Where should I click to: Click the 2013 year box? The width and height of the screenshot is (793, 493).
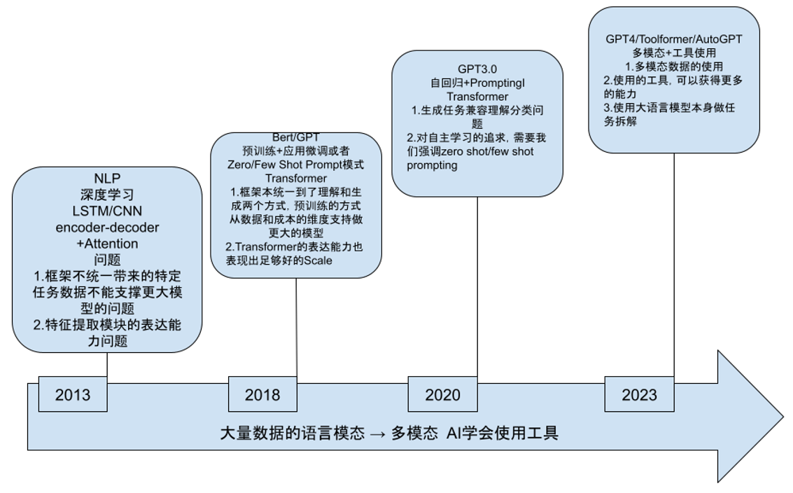coord(73,395)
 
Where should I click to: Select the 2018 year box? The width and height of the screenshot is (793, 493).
coord(262,395)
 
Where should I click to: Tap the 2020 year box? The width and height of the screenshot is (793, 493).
coord(442,395)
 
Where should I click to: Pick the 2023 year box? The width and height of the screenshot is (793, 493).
coord(639,395)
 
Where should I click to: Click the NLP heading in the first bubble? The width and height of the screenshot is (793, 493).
coord(107,179)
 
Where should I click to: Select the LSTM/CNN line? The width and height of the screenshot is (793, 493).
coord(107,211)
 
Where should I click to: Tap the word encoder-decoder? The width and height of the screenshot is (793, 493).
coord(107,228)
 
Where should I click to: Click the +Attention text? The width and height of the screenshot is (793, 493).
coord(107,244)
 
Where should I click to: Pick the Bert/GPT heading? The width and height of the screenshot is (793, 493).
coord(295,137)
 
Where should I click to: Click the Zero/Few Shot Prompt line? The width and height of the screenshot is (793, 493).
coord(295,164)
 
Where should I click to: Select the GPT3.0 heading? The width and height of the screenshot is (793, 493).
coord(477,69)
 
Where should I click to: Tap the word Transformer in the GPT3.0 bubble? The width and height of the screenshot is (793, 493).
coord(477,96)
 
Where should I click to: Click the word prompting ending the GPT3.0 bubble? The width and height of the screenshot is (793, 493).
coord(432,165)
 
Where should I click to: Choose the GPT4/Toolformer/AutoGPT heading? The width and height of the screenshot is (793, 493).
coord(673,39)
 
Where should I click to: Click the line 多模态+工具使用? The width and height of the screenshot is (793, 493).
coord(673,53)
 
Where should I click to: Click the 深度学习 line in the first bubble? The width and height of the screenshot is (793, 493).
coord(107,195)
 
